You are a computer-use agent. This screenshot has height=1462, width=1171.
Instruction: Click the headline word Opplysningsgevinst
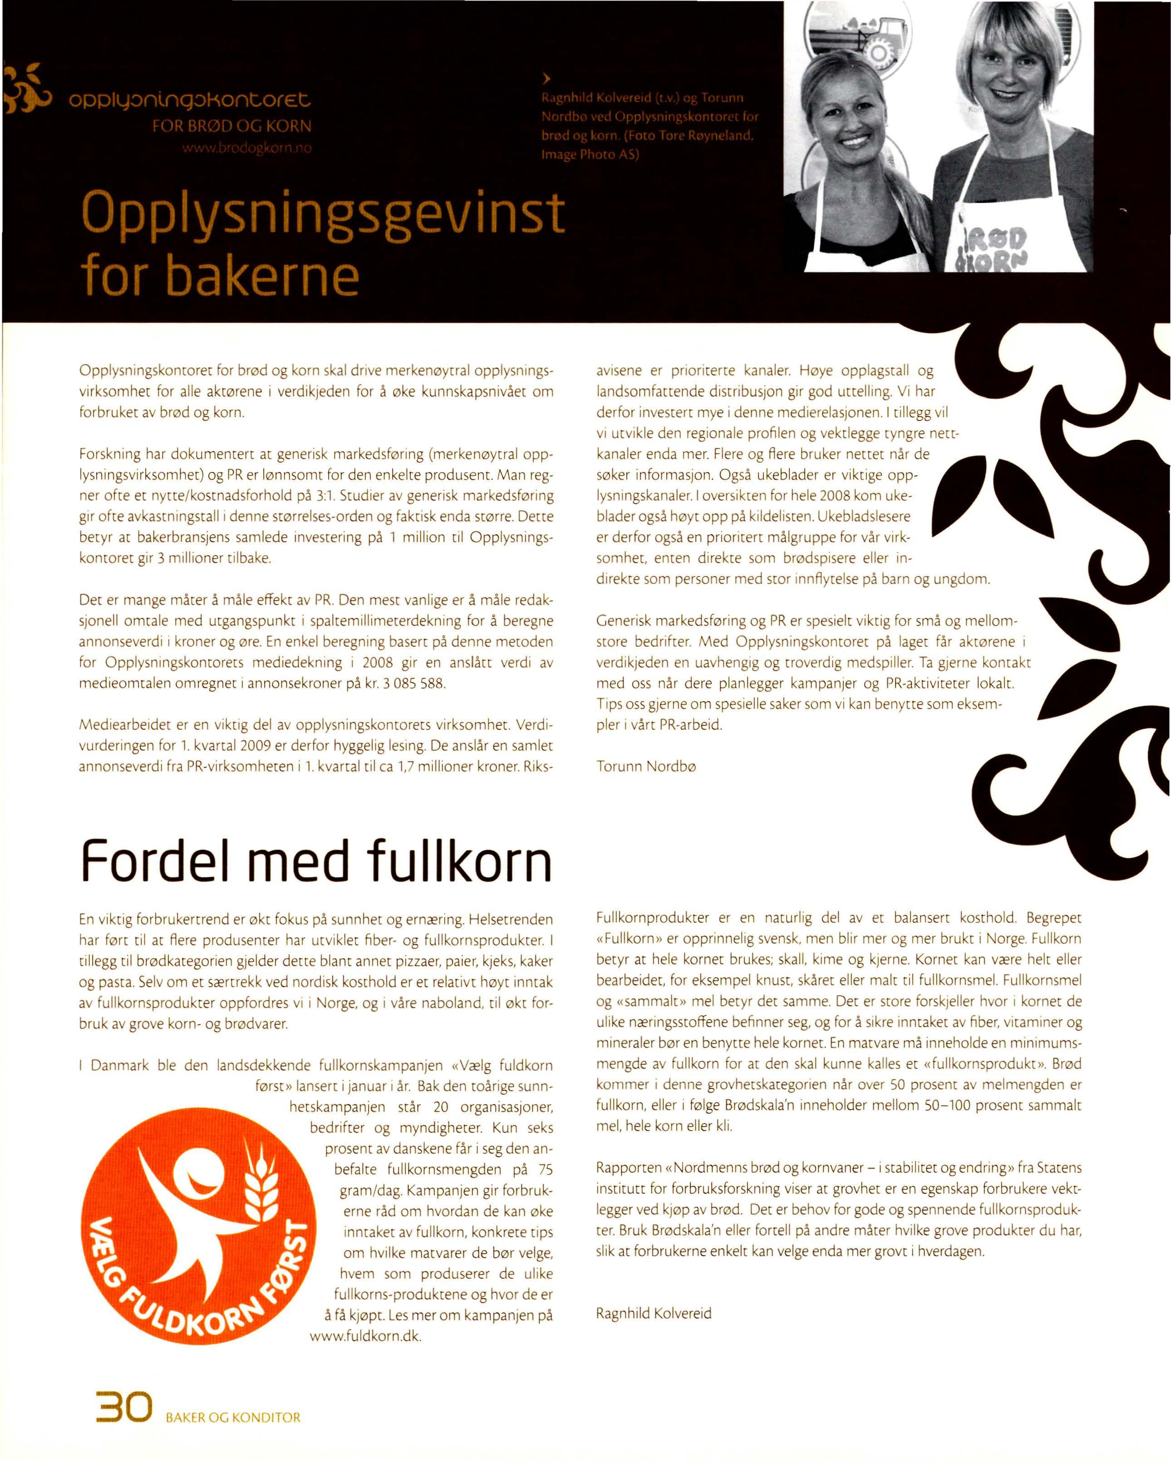pos(322,213)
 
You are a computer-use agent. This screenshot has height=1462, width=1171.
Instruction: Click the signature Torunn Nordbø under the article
pos(646,766)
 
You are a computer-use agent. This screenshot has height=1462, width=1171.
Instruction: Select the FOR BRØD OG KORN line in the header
pos(232,126)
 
